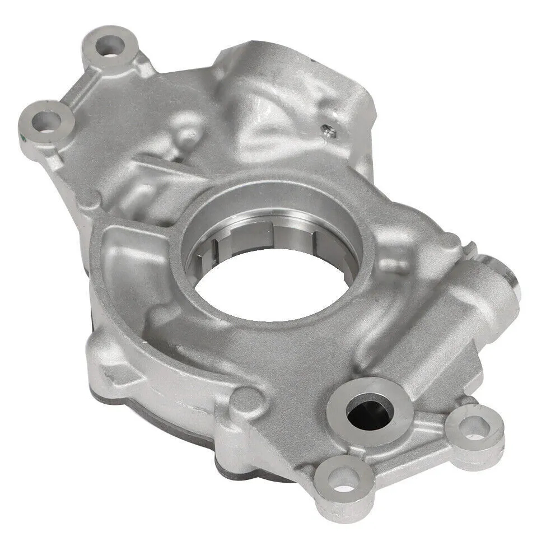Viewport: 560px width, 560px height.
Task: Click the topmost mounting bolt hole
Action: [110, 45]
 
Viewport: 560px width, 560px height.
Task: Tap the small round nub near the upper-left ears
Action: [190, 134]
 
